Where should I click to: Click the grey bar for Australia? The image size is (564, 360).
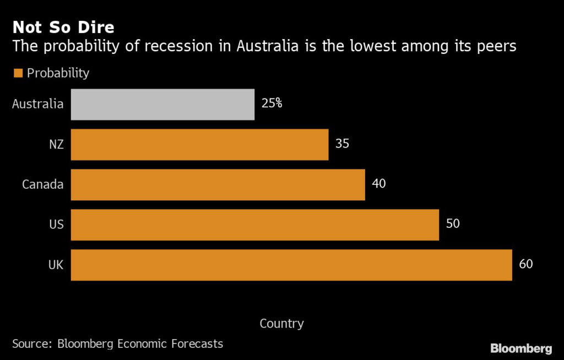(162, 105)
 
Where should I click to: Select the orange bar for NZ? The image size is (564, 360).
(199, 145)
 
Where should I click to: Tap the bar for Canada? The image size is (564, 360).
(218, 184)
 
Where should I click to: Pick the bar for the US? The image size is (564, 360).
(254, 225)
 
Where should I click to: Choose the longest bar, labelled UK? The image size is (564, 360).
(291, 265)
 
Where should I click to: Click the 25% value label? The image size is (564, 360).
(272, 103)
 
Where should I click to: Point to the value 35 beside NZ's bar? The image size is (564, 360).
(342, 144)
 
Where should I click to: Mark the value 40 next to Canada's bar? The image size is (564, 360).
(378, 183)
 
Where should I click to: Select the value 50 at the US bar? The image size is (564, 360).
(452, 223)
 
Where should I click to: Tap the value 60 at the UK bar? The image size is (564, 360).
(526, 264)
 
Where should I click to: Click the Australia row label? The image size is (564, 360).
(38, 103)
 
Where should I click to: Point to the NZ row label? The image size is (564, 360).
(56, 144)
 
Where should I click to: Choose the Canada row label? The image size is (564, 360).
(43, 184)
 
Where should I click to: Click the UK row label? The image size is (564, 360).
(56, 265)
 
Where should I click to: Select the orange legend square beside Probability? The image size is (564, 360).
(18, 73)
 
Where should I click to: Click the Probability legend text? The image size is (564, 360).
(58, 73)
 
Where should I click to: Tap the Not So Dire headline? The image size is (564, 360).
(63, 27)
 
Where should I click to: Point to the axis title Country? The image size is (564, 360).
(281, 324)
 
